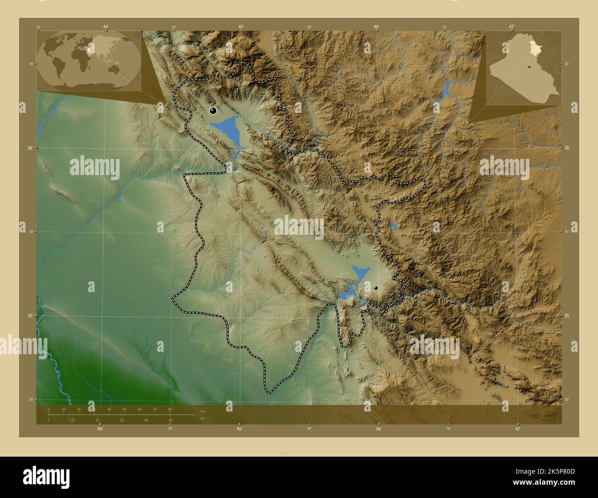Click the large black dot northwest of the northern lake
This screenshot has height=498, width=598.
(213, 110)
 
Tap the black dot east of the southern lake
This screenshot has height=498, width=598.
(376, 288)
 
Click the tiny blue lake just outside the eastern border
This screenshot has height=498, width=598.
(393, 226)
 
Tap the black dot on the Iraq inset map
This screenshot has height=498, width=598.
(530, 66)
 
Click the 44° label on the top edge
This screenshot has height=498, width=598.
(106, 27)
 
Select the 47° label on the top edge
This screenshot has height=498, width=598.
(512, 27)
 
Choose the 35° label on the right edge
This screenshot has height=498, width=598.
(567, 316)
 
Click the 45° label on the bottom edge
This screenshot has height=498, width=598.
(240, 430)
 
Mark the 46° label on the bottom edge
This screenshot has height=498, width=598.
(379, 430)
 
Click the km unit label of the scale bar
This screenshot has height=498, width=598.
(203, 411)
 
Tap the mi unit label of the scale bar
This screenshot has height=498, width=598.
(203, 419)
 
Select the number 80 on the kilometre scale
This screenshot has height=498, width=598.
(170, 409)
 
